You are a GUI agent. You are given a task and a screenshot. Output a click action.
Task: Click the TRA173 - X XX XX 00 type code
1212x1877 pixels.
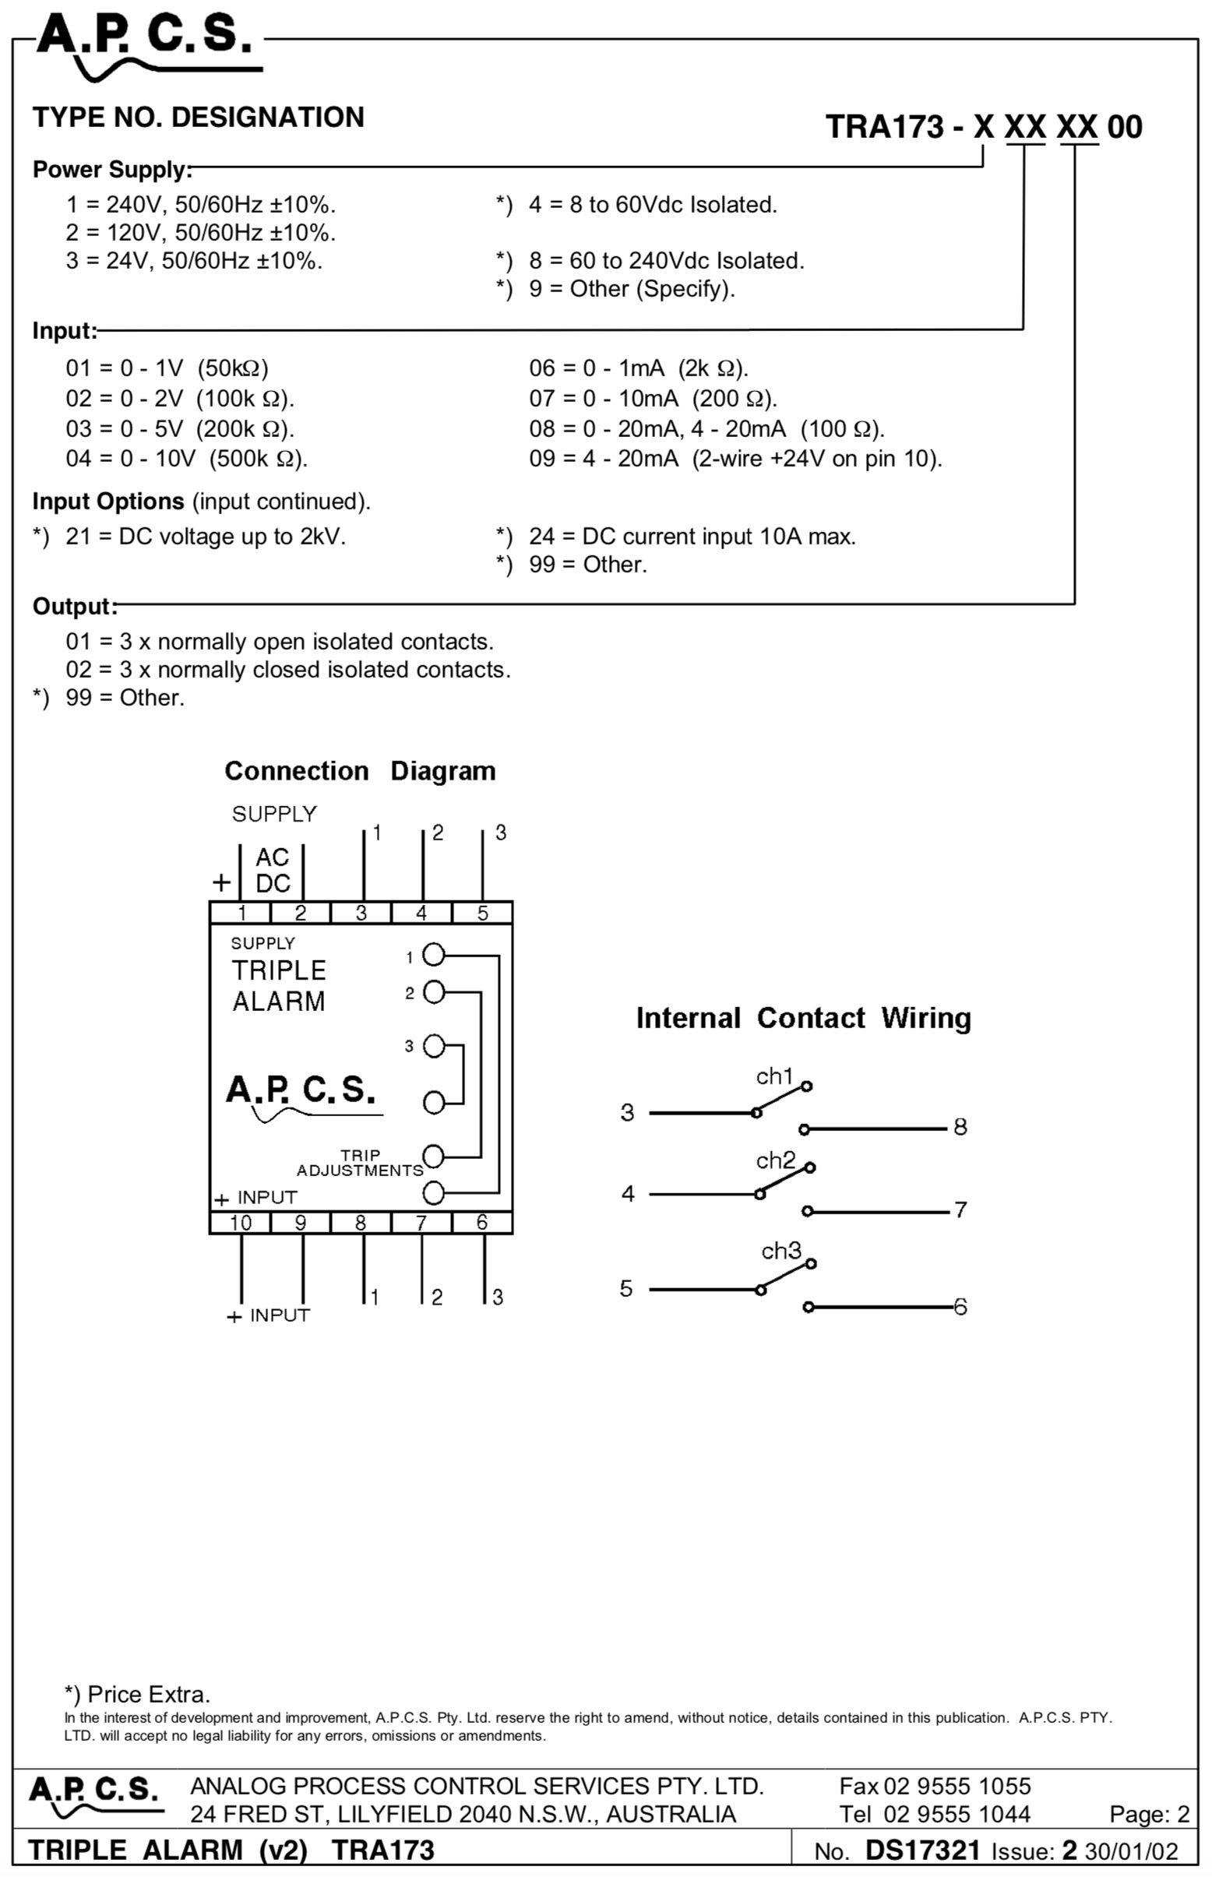click(984, 127)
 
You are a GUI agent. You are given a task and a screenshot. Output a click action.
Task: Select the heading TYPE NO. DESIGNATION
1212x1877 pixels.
click(199, 118)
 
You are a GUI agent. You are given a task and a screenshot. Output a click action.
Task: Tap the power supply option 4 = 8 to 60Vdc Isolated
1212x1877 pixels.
click(653, 205)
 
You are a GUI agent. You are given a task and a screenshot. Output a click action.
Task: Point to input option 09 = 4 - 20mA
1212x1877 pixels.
click(735, 459)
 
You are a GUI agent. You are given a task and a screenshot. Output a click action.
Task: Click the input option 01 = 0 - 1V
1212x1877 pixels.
click(167, 368)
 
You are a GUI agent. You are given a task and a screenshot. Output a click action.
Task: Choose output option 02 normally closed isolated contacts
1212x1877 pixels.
click(288, 670)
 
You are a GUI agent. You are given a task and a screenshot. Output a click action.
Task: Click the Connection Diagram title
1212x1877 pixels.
click(361, 770)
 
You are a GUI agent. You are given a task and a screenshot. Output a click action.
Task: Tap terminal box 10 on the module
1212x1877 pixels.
click(240, 1222)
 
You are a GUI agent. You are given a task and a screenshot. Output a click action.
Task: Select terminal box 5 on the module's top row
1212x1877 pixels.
click(482, 912)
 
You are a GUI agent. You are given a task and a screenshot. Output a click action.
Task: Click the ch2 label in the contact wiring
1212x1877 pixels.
click(776, 1160)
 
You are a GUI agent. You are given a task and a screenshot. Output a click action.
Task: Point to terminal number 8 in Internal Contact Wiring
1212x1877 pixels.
click(960, 1127)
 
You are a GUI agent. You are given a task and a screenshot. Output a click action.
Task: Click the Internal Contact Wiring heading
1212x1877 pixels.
click(804, 1019)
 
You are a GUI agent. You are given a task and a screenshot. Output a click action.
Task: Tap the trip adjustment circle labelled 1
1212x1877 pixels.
click(434, 955)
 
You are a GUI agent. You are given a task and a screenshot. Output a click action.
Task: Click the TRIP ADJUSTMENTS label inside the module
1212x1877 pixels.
click(360, 1162)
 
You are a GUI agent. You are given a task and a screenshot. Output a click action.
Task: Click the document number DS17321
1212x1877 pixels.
click(922, 1851)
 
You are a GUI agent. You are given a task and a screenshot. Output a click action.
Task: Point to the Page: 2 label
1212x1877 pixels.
click(1149, 1814)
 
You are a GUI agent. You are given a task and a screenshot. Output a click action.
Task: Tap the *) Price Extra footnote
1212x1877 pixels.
click(137, 1695)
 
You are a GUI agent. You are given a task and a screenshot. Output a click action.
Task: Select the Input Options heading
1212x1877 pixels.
click(107, 502)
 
